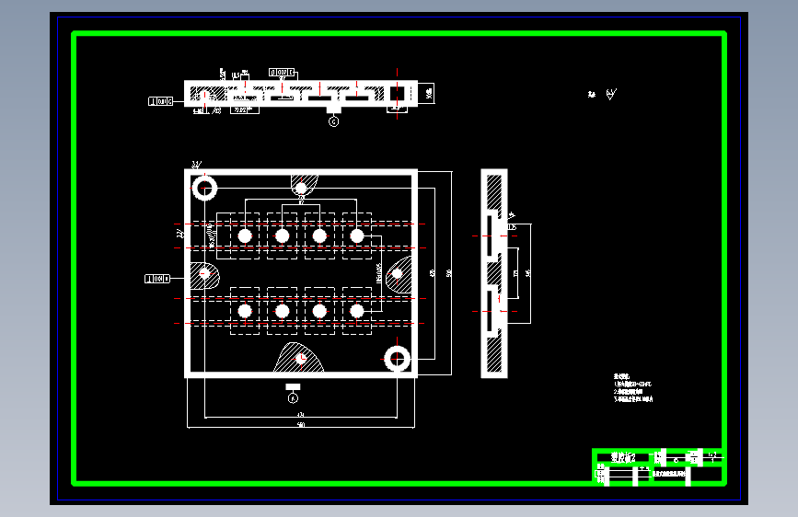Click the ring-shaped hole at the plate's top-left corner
pos(203,189)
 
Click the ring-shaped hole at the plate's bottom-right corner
pos(398,358)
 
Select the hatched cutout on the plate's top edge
pos(302,184)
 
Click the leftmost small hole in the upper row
pos(245,236)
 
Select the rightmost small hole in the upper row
pos(357,236)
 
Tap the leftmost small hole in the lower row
pos(245,311)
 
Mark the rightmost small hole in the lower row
pos(357,311)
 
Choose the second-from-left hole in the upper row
pos(283,236)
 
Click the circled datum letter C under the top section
pos(333,120)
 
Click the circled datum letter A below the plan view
pos(294,398)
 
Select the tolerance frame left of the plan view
pos(158,277)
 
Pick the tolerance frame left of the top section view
pos(161,101)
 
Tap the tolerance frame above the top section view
pos(282,72)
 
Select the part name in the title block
pos(623,456)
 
